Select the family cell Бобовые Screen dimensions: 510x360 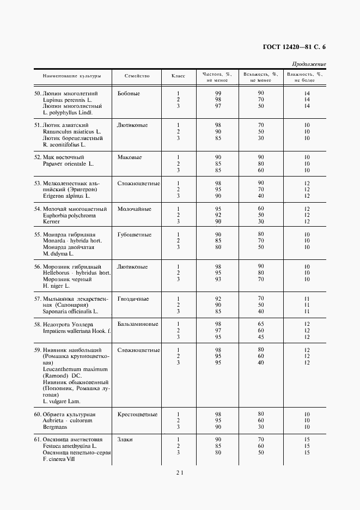tap(129, 93)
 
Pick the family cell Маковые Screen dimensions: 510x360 tap(130, 157)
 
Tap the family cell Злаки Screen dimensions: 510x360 tap(125, 439)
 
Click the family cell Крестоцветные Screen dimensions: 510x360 tap(137, 414)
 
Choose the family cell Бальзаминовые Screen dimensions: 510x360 tap(138, 324)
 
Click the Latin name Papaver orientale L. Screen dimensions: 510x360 tap(68, 163)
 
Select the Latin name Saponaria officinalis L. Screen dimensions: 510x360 tap(70, 312)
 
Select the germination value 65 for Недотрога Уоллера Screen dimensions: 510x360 tap(261, 324)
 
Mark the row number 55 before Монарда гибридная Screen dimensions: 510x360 tap(38, 234)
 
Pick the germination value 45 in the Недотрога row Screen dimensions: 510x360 tap(261, 337)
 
